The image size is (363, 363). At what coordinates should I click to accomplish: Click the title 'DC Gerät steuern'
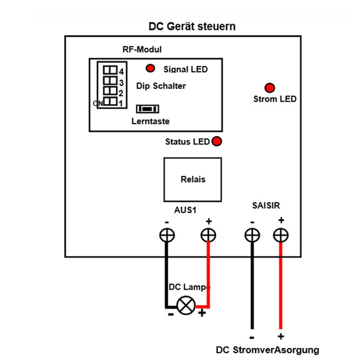(192, 27)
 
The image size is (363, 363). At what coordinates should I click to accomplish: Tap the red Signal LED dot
(150, 68)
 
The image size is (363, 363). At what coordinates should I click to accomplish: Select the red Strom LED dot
(269, 88)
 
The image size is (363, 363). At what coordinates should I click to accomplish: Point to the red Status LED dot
(216, 142)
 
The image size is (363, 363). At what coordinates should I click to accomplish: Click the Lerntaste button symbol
(147, 109)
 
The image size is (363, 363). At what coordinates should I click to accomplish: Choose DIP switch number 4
(110, 70)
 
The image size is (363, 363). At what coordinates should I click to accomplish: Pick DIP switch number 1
(110, 103)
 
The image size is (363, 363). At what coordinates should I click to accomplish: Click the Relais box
(193, 179)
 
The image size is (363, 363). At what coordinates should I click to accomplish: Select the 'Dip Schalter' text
(161, 86)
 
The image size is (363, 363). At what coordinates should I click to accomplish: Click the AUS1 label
(186, 211)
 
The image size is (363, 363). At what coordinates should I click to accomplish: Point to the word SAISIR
(266, 206)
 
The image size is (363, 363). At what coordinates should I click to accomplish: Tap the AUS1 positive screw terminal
(209, 235)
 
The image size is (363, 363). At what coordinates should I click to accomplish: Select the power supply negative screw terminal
(250, 235)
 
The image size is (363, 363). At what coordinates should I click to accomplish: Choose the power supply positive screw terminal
(280, 235)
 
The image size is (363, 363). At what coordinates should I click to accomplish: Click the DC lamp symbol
(186, 305)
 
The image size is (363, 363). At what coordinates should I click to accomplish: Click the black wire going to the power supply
(250, 290)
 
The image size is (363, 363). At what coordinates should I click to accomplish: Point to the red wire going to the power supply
(280, 290)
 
